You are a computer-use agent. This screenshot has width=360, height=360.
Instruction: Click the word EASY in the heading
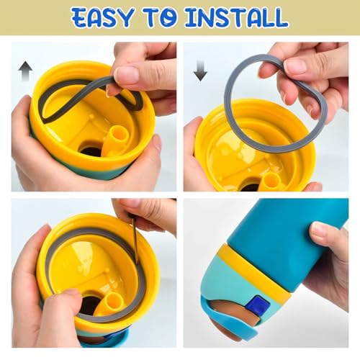tap(102, 17)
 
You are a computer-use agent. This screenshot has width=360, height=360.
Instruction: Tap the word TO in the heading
tap(161, 17)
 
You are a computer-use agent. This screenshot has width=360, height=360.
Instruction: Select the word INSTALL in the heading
tap(236, 17)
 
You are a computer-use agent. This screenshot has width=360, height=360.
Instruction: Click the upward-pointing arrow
tap(25, 71)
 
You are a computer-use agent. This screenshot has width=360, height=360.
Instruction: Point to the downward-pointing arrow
tap(200, 71)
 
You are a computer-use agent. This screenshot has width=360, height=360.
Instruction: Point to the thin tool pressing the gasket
tap(135, 240)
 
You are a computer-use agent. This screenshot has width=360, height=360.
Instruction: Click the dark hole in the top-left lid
tap(91, 150)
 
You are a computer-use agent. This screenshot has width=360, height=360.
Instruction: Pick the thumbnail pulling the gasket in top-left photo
tap(126, 74)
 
